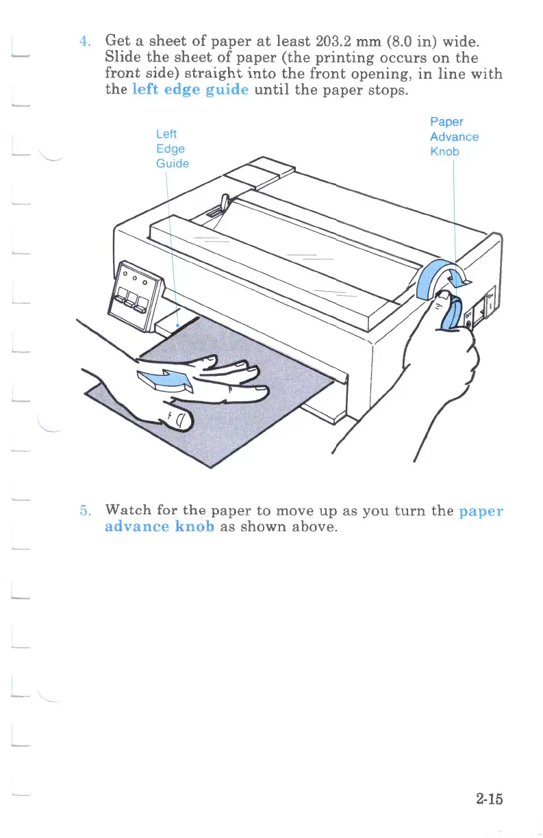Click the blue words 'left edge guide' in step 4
point(190,90)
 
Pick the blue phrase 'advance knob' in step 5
point(160,528)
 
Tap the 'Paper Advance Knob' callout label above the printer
point(453,136)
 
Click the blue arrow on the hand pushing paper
point(162,381)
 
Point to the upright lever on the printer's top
point(224,204)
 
